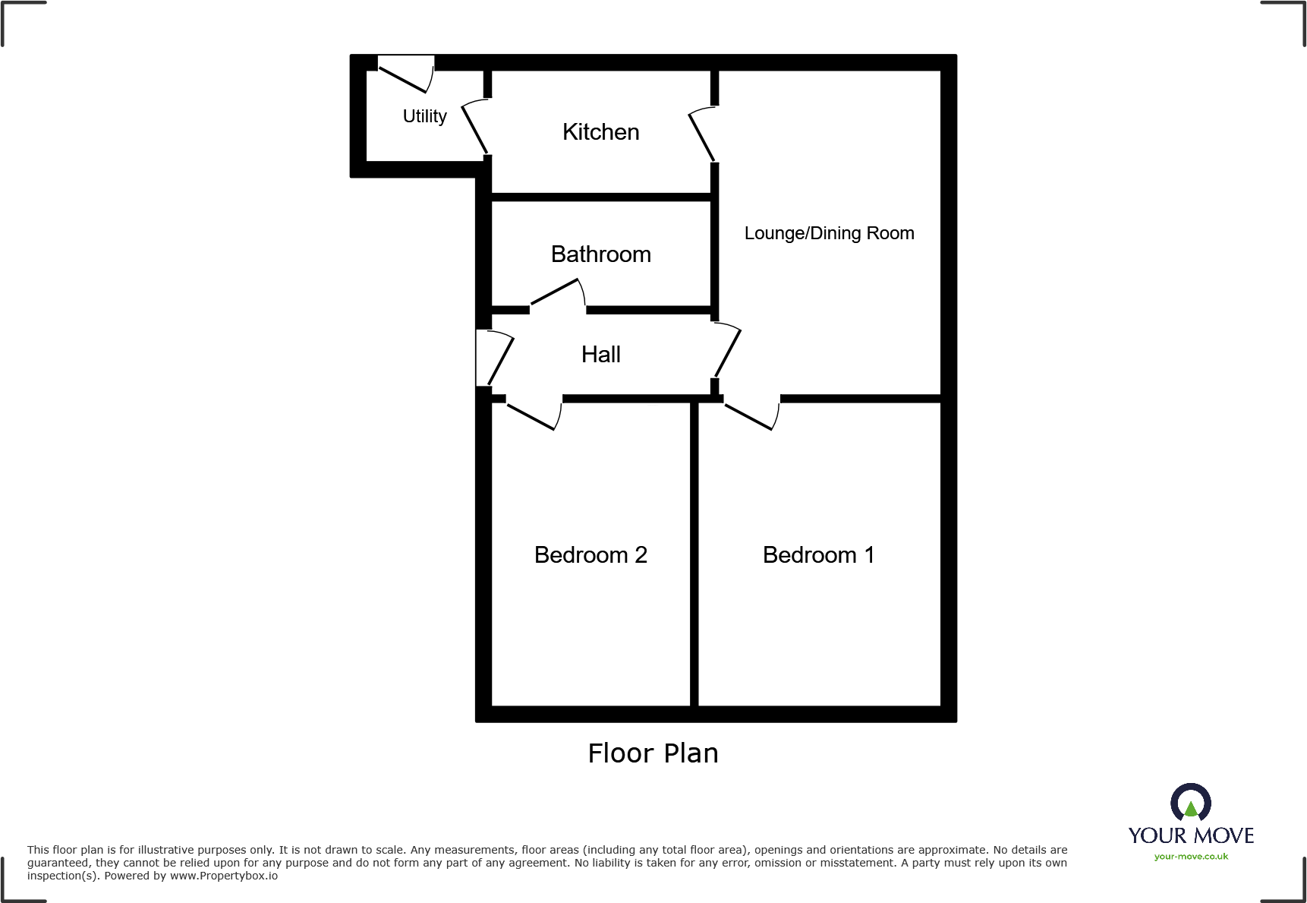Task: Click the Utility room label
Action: (x=424, y=116)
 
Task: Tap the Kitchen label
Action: (x=600, y=132)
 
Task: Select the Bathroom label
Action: (x=600, y=254)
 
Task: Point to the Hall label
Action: (x=600, y=355)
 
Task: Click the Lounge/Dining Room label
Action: (x=829, y=233)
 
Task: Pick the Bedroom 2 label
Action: (x=591, y=555)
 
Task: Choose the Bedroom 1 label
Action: (x=818, y=555)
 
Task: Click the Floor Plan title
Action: (x=653, y=753)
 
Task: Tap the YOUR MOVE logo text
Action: (x=1190, y=835)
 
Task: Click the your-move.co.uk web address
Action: (x=1190, y=857)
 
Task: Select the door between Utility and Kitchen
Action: (x=475, y=128)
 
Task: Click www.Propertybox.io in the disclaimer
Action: (x=223, y=876)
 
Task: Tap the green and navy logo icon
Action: (x=1190, y=803)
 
